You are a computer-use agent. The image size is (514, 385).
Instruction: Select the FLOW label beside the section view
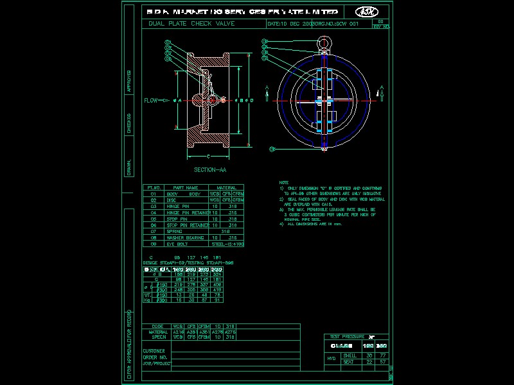tap(151, 100)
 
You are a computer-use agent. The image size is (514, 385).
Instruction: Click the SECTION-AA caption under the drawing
tap(209, 170)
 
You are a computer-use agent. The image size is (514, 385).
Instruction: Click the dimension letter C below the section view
tap(209, 157)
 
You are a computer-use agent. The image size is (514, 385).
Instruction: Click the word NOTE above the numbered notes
tap(284, 182)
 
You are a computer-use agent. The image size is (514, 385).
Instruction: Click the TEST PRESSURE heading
tap(348, 336)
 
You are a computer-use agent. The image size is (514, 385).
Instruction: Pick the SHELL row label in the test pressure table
tap(350, 355)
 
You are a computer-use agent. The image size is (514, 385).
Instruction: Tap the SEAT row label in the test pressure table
tap(350, 362)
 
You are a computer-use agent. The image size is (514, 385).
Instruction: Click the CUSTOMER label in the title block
tap(154, 351)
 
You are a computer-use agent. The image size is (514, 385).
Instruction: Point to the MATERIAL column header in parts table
tap(226, 188)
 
